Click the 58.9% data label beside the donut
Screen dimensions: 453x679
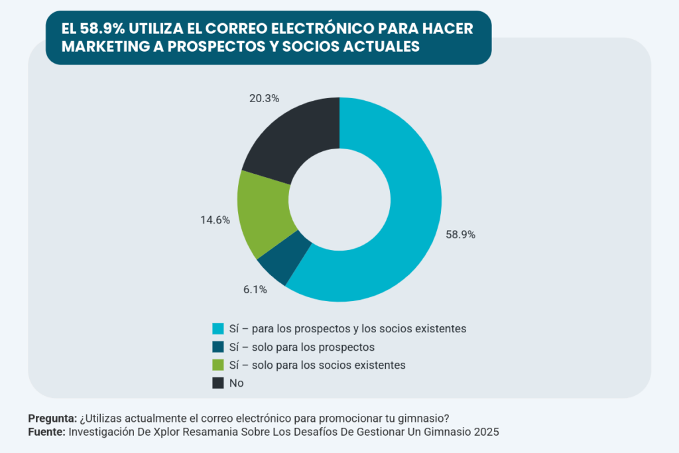[461, 235]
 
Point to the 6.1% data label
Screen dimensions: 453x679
[254, 289]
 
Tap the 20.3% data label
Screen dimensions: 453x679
[263, 98]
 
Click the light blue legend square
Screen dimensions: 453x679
[217, 328]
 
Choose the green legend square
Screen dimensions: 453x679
[217, 365]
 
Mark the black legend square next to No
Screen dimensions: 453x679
[217, 383]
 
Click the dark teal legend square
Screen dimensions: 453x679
[217, 347]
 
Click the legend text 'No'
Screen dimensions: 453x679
[236, 383]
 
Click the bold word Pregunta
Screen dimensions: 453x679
[52, 418]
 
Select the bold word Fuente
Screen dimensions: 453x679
[46, 431]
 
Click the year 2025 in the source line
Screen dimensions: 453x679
[485, 431]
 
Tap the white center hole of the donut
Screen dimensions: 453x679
[339, 200]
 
